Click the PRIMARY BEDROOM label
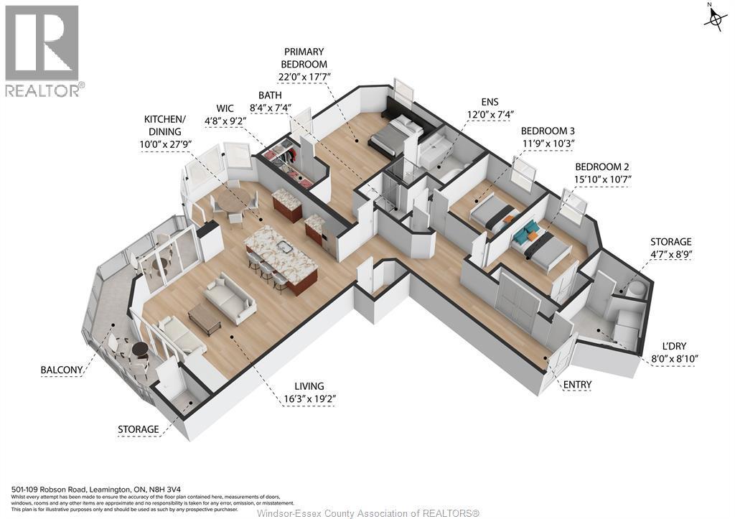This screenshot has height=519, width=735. pyautogui.click(x=304, y=58)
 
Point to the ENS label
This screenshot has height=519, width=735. pyautogui.click(x=490, y=101)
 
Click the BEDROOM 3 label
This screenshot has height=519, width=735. pyautogui.click(x=548, y=131)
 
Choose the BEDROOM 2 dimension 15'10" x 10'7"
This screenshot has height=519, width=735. pyautogui.click(x=603, y=179)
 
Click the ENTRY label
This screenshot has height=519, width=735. pyautogui.click(x=577, y=385)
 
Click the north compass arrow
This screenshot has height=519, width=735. pyautogui.click(x=713, y=19)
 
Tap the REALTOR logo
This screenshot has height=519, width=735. pyautogui.click(x=44, y=51)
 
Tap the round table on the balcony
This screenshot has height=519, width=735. pyautogui.click(x=139, y=350)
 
